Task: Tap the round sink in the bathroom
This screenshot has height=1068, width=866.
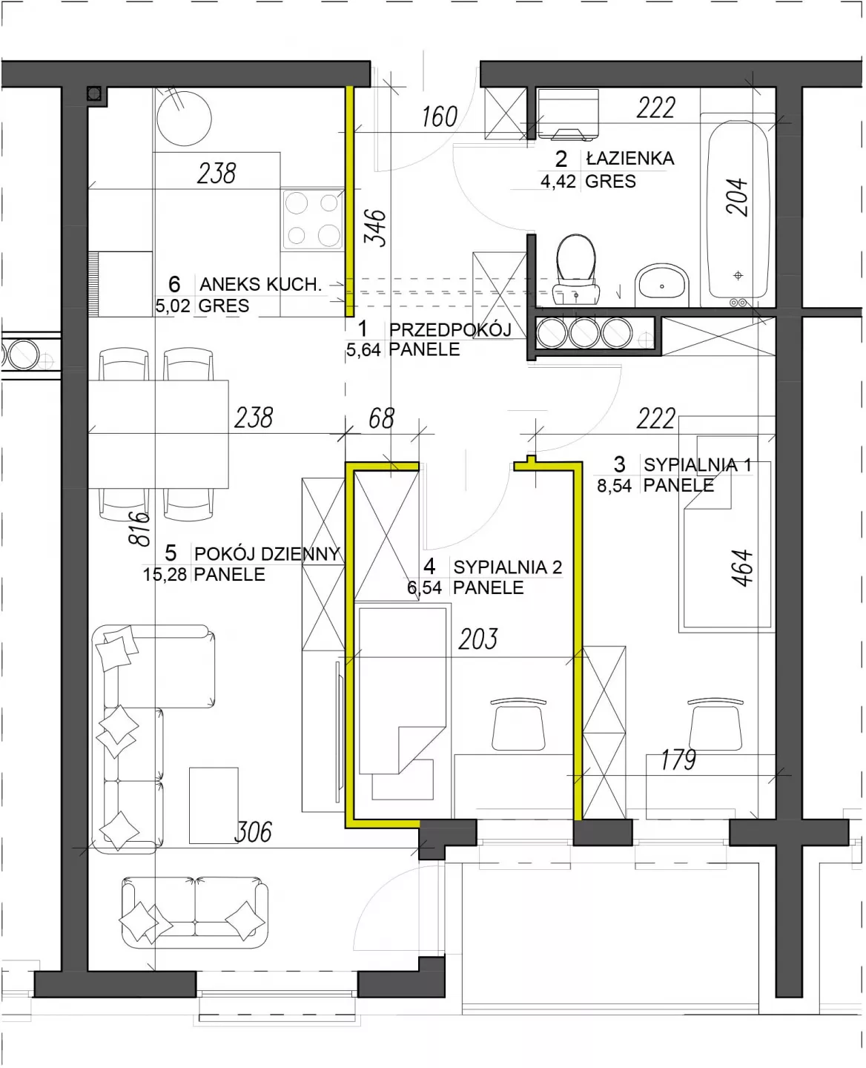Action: point(662,285)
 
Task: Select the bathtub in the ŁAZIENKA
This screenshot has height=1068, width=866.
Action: point(737,211)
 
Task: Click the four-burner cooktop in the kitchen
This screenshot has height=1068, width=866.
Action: point(313,219)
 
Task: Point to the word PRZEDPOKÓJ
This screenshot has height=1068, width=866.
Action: point(450,329)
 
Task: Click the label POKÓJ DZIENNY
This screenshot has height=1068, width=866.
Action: point(267,553)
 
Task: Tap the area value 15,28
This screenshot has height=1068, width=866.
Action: point(165,575)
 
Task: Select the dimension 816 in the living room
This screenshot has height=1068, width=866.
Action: point(139,529)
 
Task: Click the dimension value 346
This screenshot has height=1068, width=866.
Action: point(375,228)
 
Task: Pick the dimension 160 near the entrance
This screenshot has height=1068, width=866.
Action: point(439,117)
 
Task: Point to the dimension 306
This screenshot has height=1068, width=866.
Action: point(253,832)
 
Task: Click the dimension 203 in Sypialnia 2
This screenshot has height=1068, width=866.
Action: point(478,639)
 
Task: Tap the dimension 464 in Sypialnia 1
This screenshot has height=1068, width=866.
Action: point(742,568)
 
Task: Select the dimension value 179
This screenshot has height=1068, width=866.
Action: point(678,759)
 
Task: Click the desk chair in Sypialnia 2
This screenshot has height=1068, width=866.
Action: point(518,724)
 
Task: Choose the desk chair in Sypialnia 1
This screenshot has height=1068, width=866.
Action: point(715,724)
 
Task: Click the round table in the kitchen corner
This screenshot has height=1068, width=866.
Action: point(184,119)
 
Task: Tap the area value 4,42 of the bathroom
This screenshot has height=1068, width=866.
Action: point(558,181)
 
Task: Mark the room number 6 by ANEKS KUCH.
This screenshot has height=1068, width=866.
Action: point(174,284)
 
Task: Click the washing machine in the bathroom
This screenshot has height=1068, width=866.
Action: point(568,114)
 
